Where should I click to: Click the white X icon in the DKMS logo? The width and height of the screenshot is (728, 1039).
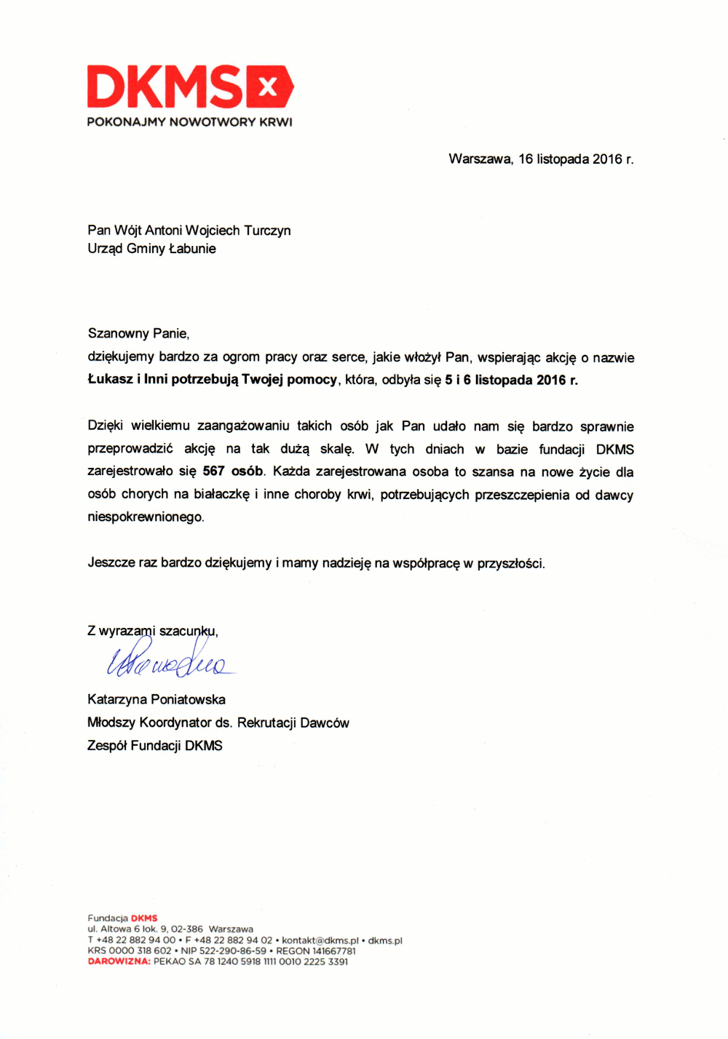[x=268, y=87]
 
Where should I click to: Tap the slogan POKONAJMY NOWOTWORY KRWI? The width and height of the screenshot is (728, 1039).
[x=189, y=122]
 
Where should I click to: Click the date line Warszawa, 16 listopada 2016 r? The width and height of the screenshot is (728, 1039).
[x=541, y=159]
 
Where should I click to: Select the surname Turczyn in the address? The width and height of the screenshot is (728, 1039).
[x=267, y=231]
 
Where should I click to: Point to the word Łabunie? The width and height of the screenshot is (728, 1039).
[x=192, y=249]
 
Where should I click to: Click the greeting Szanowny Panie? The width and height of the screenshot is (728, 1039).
[x=138, y=334]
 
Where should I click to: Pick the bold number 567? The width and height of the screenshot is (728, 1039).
[x=213, y=471]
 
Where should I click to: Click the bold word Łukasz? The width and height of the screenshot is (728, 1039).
[x=110, y=379]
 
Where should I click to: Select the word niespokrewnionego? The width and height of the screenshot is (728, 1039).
[x=146, y=517]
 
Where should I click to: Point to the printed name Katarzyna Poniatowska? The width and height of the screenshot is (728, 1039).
[x=157, y=700]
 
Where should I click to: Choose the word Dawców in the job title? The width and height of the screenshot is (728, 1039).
[x=325, y=723]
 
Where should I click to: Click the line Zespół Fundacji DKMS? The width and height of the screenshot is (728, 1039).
[x=155, y=746]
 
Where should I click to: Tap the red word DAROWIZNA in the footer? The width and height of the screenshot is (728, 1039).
[x=119, y=962]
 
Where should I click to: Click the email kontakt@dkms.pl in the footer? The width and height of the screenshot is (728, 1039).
[x=320, y=941]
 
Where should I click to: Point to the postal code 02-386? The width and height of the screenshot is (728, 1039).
[x=187, y=929]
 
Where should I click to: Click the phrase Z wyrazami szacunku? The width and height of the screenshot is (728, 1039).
[x=152, y=631]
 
